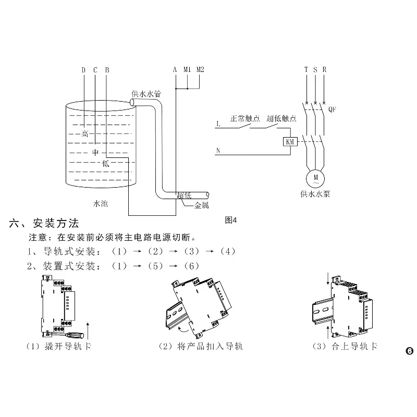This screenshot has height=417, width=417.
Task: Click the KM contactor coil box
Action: [x=288, y=141]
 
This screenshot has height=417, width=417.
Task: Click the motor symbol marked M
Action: [x=315, y=179]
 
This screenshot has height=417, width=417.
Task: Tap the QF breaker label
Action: [x=332, y=109]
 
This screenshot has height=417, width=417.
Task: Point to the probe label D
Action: [x=83, y=70]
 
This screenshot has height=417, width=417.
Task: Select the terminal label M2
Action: [x=201, y=70]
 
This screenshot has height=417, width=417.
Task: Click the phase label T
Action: [x=306, y=70]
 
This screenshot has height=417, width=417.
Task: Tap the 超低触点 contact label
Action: [x=281, y=118]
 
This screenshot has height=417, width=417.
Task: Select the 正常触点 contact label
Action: [x=244, y=118]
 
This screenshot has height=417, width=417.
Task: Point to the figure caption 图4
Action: [x=230, y=219]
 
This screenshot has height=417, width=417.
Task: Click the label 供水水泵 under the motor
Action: [x=315, y=194]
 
